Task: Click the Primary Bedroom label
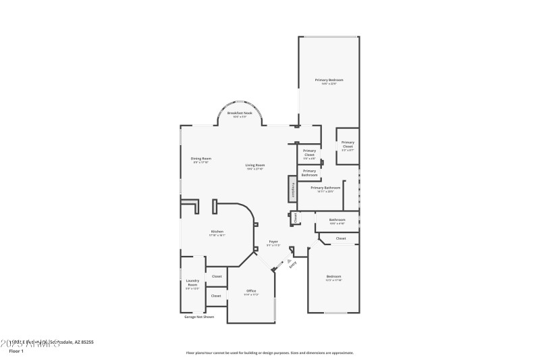click(x=329, y=80)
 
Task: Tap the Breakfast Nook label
click(x=239, y=113)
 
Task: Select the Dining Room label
click(x=202, y=159)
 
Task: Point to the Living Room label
click(x=254, y=165)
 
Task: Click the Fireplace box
click(x=293, y=188)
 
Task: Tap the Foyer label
click(x=273, y=241)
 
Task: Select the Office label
click(x=251, y=291)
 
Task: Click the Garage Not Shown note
click(x=199, y=316)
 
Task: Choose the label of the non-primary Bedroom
click(x=333, y=276)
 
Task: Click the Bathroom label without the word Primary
click(x=337, y=220)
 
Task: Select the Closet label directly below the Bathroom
click(x=341, y=238)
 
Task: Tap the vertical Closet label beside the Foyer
click(x=294, y=217)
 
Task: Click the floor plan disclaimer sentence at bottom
click(x=269, y=353)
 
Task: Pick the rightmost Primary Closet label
click(x=348, y=144)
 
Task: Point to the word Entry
click(x=294, y=265)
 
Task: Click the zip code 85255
click(x=86, y=342)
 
